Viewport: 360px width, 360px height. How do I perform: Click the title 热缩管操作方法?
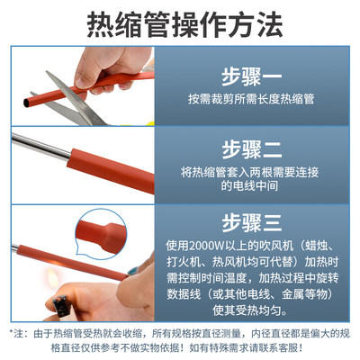(x=180, y=24)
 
